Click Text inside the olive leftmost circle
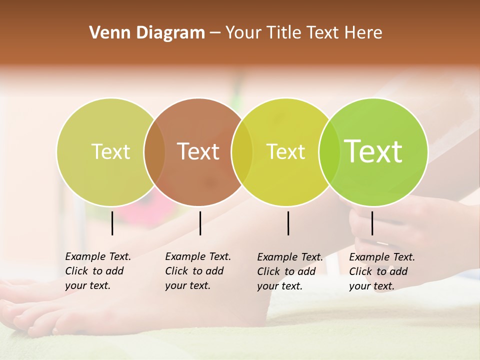pos(110,151)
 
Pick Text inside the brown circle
pos(198,151)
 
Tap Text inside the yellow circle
pos(285,151)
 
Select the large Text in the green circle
pos(373,151)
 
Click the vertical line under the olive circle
pos(112,223)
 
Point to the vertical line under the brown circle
pos(200,223)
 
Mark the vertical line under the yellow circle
pos(288,223)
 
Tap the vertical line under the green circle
pos(372,223)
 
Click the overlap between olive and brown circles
pos(154,152)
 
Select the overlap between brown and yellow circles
pos(242,152)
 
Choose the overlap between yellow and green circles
pos(328,152)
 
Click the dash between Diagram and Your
pos(215,33)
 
